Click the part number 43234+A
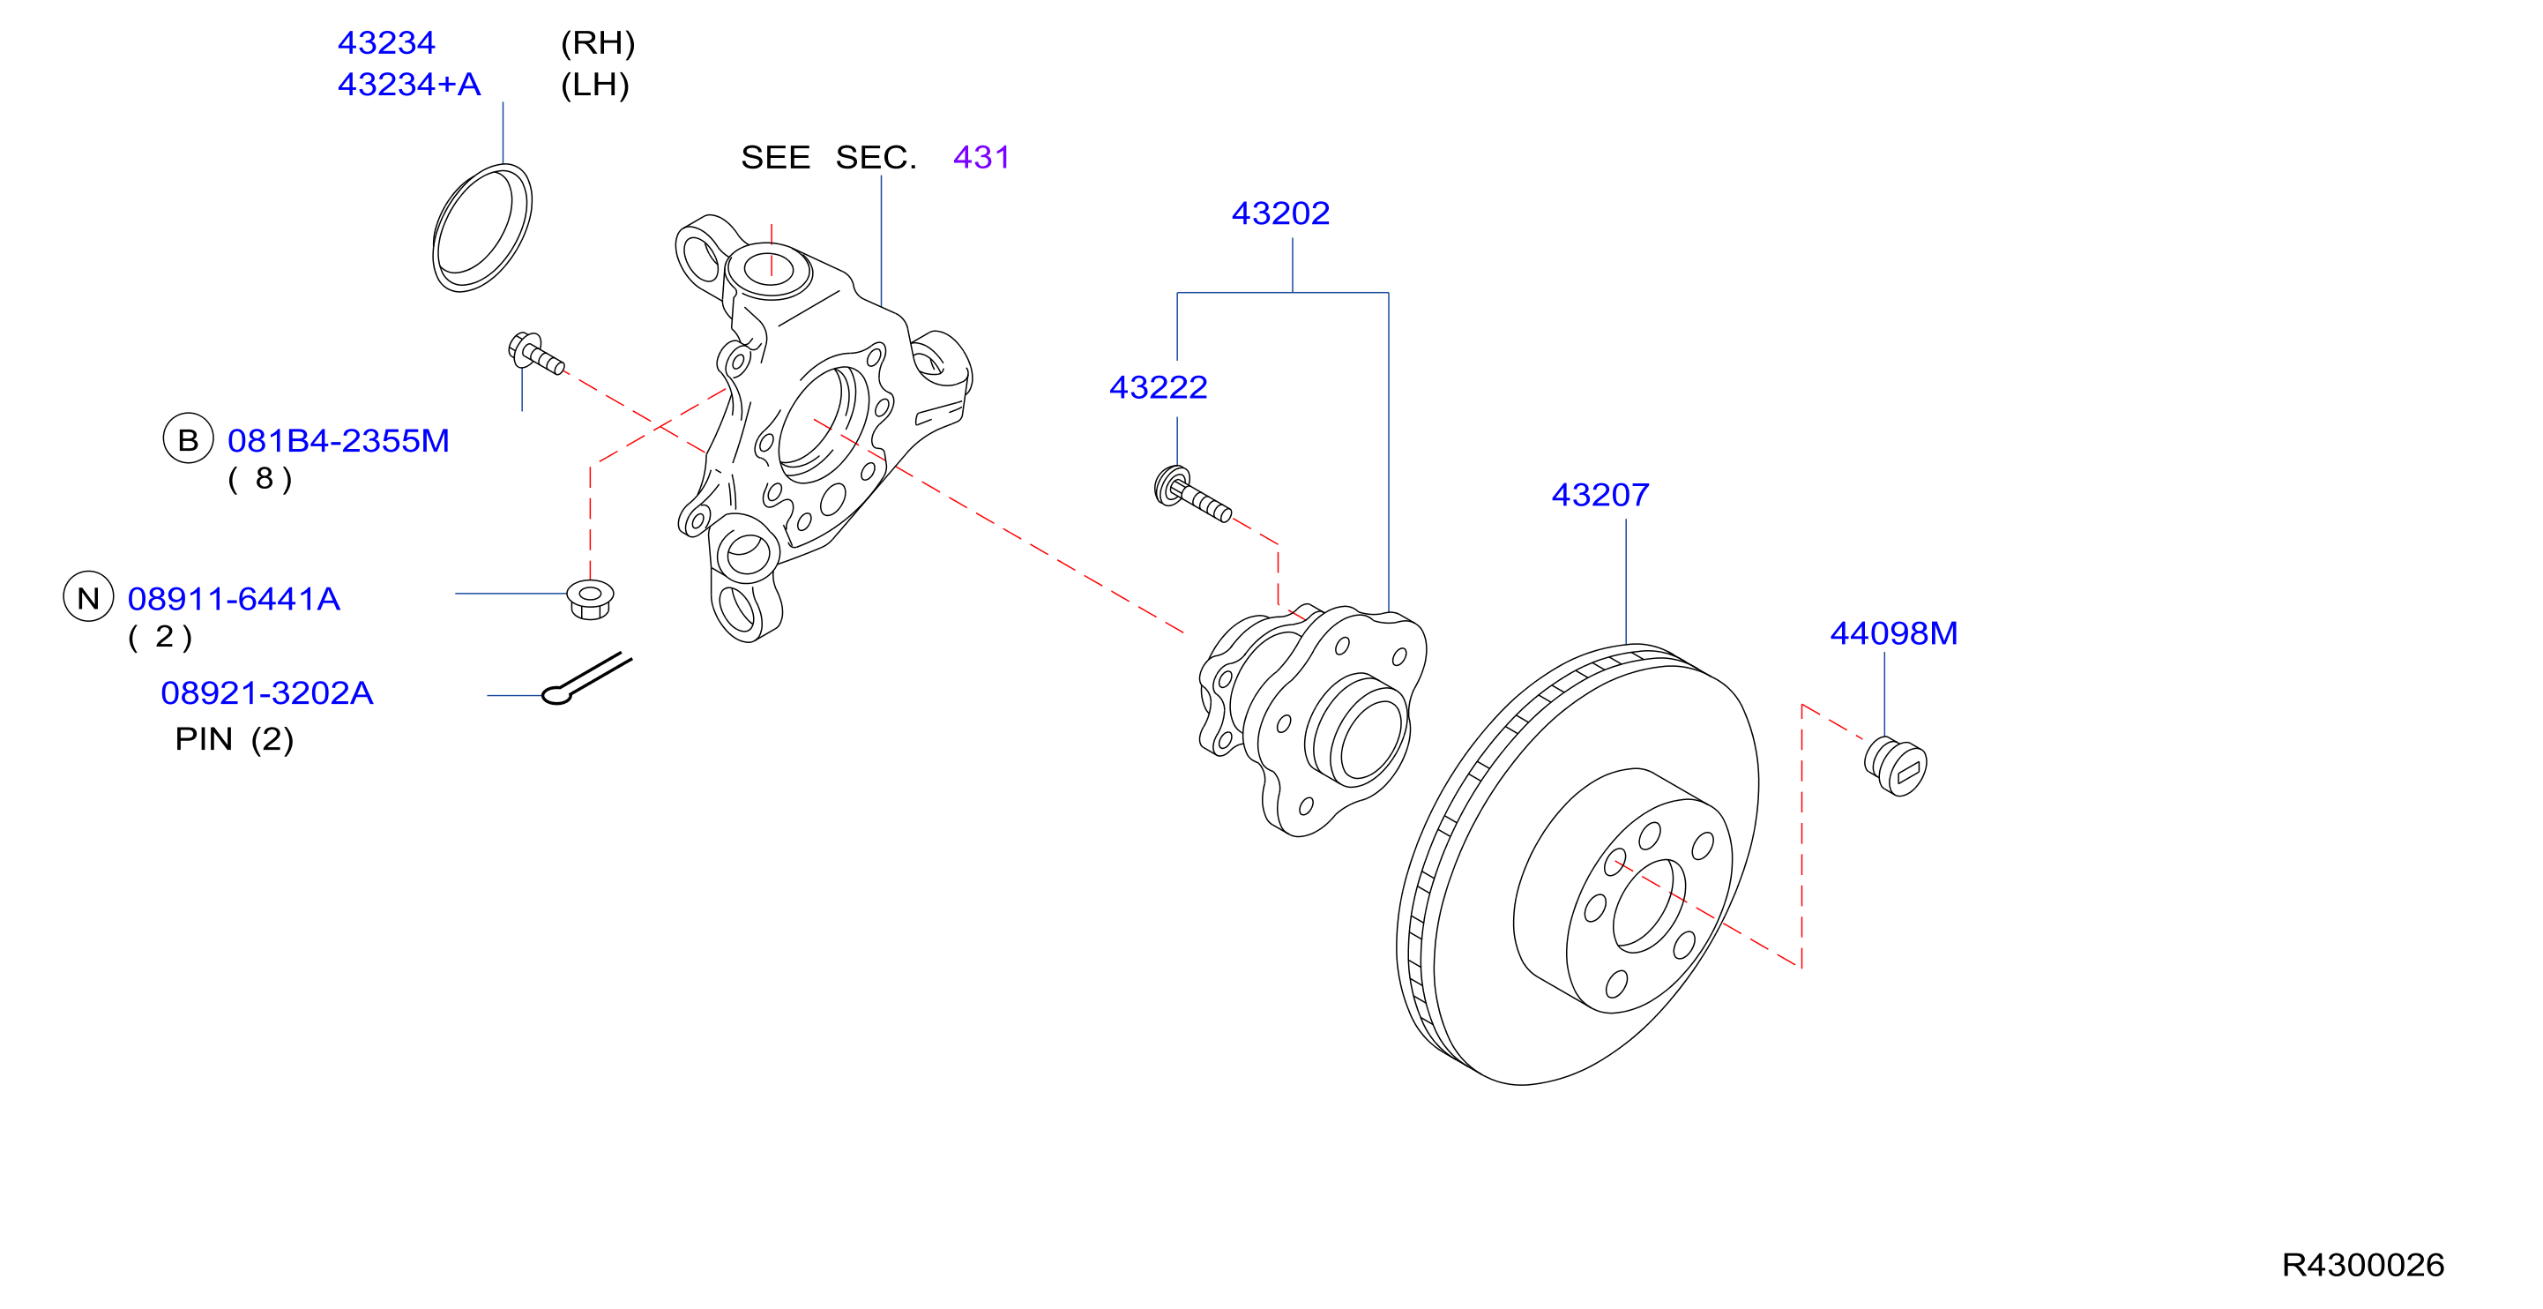(x=409, y=85)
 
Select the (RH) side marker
(x=597, y=43)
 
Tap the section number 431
(x=981, y=157)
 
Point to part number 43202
(x=1280, y=213)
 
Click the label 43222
(x=1158, y=387)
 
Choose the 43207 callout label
(x=1600, y=495)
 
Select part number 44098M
(x=1893, y=632)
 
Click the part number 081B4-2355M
(x=339, y=440)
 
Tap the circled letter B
(x=188, y=439)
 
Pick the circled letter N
(x=89, y=597)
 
